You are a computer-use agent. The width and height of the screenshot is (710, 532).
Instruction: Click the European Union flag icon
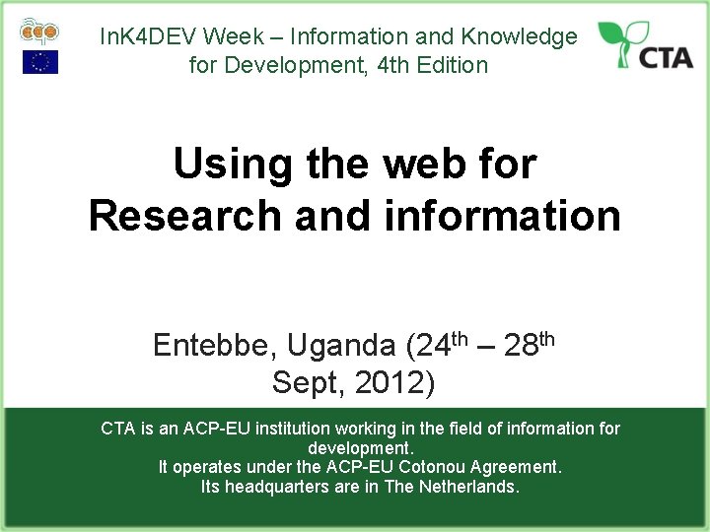[x=40, y=62]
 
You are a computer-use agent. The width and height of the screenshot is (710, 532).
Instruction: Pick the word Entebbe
[x=213, y=346]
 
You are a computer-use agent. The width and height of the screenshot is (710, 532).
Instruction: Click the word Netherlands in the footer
[x=468, y=487]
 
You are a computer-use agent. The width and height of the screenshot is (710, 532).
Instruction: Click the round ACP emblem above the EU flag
[x=39, y=31]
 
